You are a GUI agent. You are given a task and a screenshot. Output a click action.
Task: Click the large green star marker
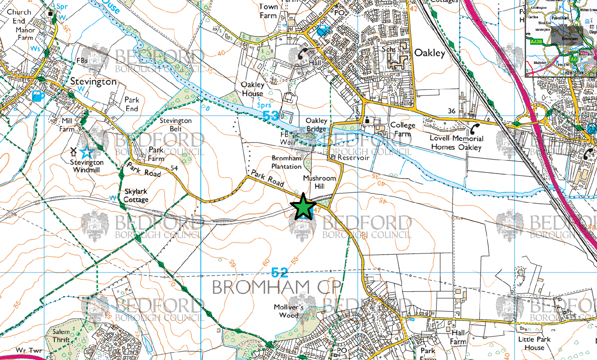pyautogui.click(x=303, y=206)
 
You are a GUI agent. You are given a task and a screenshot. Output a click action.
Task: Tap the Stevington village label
pyautogui.click(x=93, y=81)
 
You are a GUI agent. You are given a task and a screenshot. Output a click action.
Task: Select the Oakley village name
pyautogui.click(x=429, y=53)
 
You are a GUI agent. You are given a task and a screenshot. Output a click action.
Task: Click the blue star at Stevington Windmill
pyautogui.click(x=86, y=152)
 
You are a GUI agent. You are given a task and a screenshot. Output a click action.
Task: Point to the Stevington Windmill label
pyautogui.click(x=86, y=166)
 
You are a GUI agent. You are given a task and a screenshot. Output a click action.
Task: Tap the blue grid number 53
pyautogui.click(x=270, y=116)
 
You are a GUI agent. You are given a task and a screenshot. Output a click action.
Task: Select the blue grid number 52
pyautogui.click(x=279, y=272)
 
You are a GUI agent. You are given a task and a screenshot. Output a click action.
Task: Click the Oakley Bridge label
pyautogui.click(x=316, y=124)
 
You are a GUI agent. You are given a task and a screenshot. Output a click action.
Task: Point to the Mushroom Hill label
pyautogui.click(x=319, y=182)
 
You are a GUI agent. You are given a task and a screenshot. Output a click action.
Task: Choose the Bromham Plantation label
pyautogui.click(x=286, y=162)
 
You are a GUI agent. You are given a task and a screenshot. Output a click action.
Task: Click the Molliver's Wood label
pyautogui.click(x=289, y=311)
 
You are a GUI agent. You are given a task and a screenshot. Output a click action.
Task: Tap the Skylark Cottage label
pyautogui.click(x=136, y=195)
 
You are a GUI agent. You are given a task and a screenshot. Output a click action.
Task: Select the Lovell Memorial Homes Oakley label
pyautogui.click(x=456, y=143)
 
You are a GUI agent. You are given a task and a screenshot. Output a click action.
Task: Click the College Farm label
pyautogui.click(x=402, y=129)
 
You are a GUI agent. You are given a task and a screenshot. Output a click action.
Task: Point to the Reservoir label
pyautogui.click(x=353, y=158)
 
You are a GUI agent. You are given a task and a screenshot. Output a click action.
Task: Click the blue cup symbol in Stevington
pyautogui.click(x=38, y=96)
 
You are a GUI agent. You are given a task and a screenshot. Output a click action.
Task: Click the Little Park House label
pyautogui.click(x=534, y=343)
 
